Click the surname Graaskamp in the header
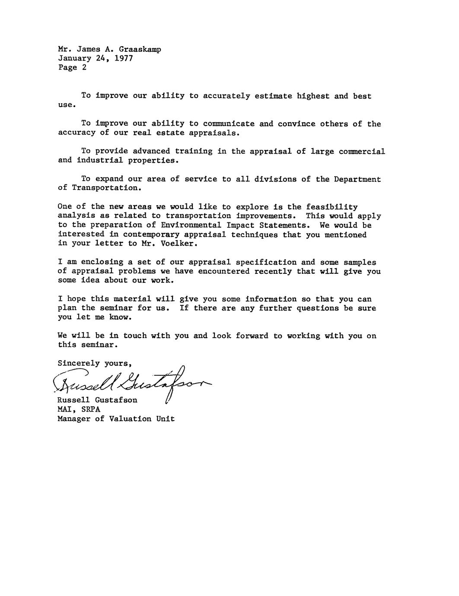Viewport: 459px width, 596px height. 140,50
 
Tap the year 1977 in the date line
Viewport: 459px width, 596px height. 124,59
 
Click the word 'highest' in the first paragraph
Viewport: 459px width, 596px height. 313,96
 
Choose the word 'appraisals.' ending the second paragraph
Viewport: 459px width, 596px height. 214,133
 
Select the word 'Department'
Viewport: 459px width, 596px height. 357,179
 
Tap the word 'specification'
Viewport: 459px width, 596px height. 266,262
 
